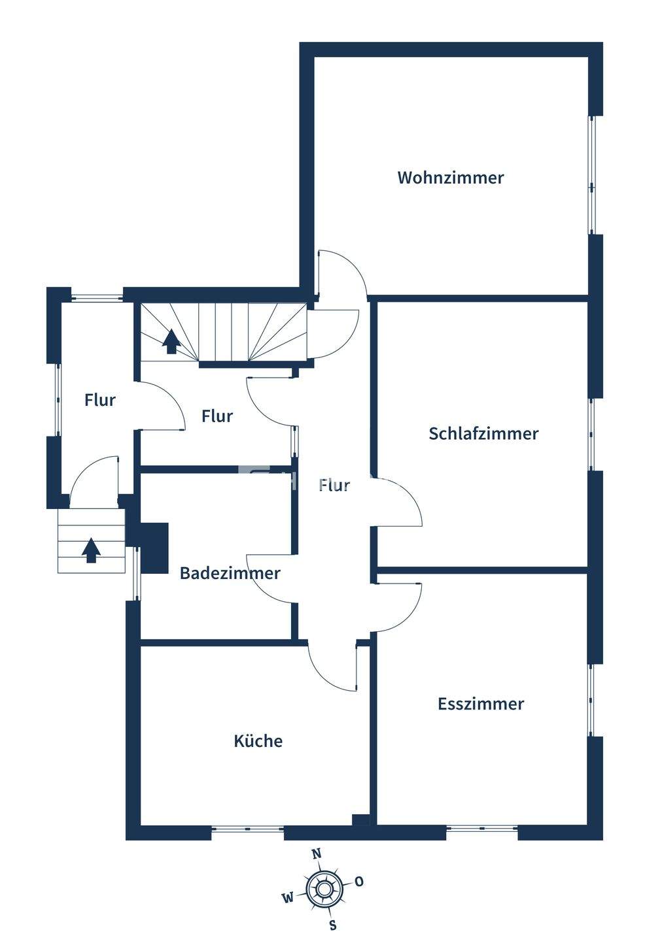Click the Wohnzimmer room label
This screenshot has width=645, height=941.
click(x=451, y=178)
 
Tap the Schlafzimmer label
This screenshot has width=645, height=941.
click(x=483, y=434)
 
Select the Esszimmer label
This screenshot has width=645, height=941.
click(x=481, y=704)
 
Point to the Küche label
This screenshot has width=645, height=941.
click(x=258, y=741)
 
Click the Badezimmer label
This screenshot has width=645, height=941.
click(x=230, y=574)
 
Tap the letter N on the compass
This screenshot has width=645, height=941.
click(x=317, y=853)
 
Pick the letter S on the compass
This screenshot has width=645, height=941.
click(x=333, y=925)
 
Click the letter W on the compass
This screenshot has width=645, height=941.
click(x=287, y=898)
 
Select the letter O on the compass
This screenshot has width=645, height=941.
click(x=359, y=882)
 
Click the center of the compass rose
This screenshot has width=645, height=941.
click(x=323, y=889)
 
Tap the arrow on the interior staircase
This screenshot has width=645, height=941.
click(x=171, y=340)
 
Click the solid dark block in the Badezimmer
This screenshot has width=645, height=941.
click(x=155, y=548)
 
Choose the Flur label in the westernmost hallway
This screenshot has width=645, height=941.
click(x=100, y=400)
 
